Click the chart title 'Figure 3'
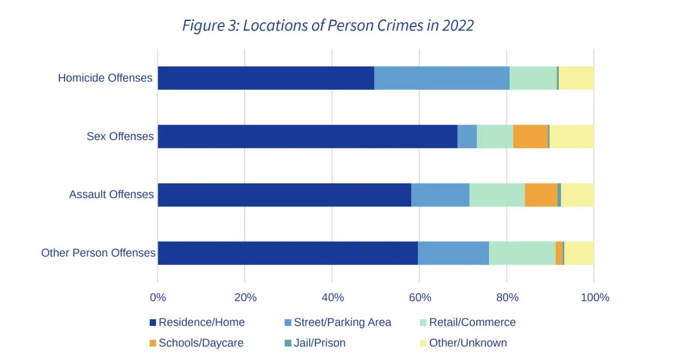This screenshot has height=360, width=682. point(328,26)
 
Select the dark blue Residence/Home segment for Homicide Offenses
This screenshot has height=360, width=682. point(266,78)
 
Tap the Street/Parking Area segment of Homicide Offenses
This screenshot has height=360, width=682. point(442,78)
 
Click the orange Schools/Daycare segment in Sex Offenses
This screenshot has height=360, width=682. point(530,136)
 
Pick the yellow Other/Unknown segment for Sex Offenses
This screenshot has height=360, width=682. point(572,136)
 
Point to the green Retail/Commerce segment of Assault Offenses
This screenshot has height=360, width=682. point(497,195)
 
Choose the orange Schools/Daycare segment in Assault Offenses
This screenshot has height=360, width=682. point(541,195)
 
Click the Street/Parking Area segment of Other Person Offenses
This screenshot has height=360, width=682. point(453,253)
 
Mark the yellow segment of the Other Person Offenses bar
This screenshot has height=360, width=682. point(579,253)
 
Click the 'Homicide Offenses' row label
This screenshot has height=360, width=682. point(105,78)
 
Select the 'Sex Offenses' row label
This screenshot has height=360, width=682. point(120,136)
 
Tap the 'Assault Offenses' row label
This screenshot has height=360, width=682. point(112,194)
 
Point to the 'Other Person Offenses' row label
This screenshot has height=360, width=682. point(99,253)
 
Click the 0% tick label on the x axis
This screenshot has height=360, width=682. point(158,297)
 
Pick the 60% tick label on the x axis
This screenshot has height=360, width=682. point(420,297)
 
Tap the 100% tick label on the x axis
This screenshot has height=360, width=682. point(595,297)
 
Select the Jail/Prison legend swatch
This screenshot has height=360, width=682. point(288,343)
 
